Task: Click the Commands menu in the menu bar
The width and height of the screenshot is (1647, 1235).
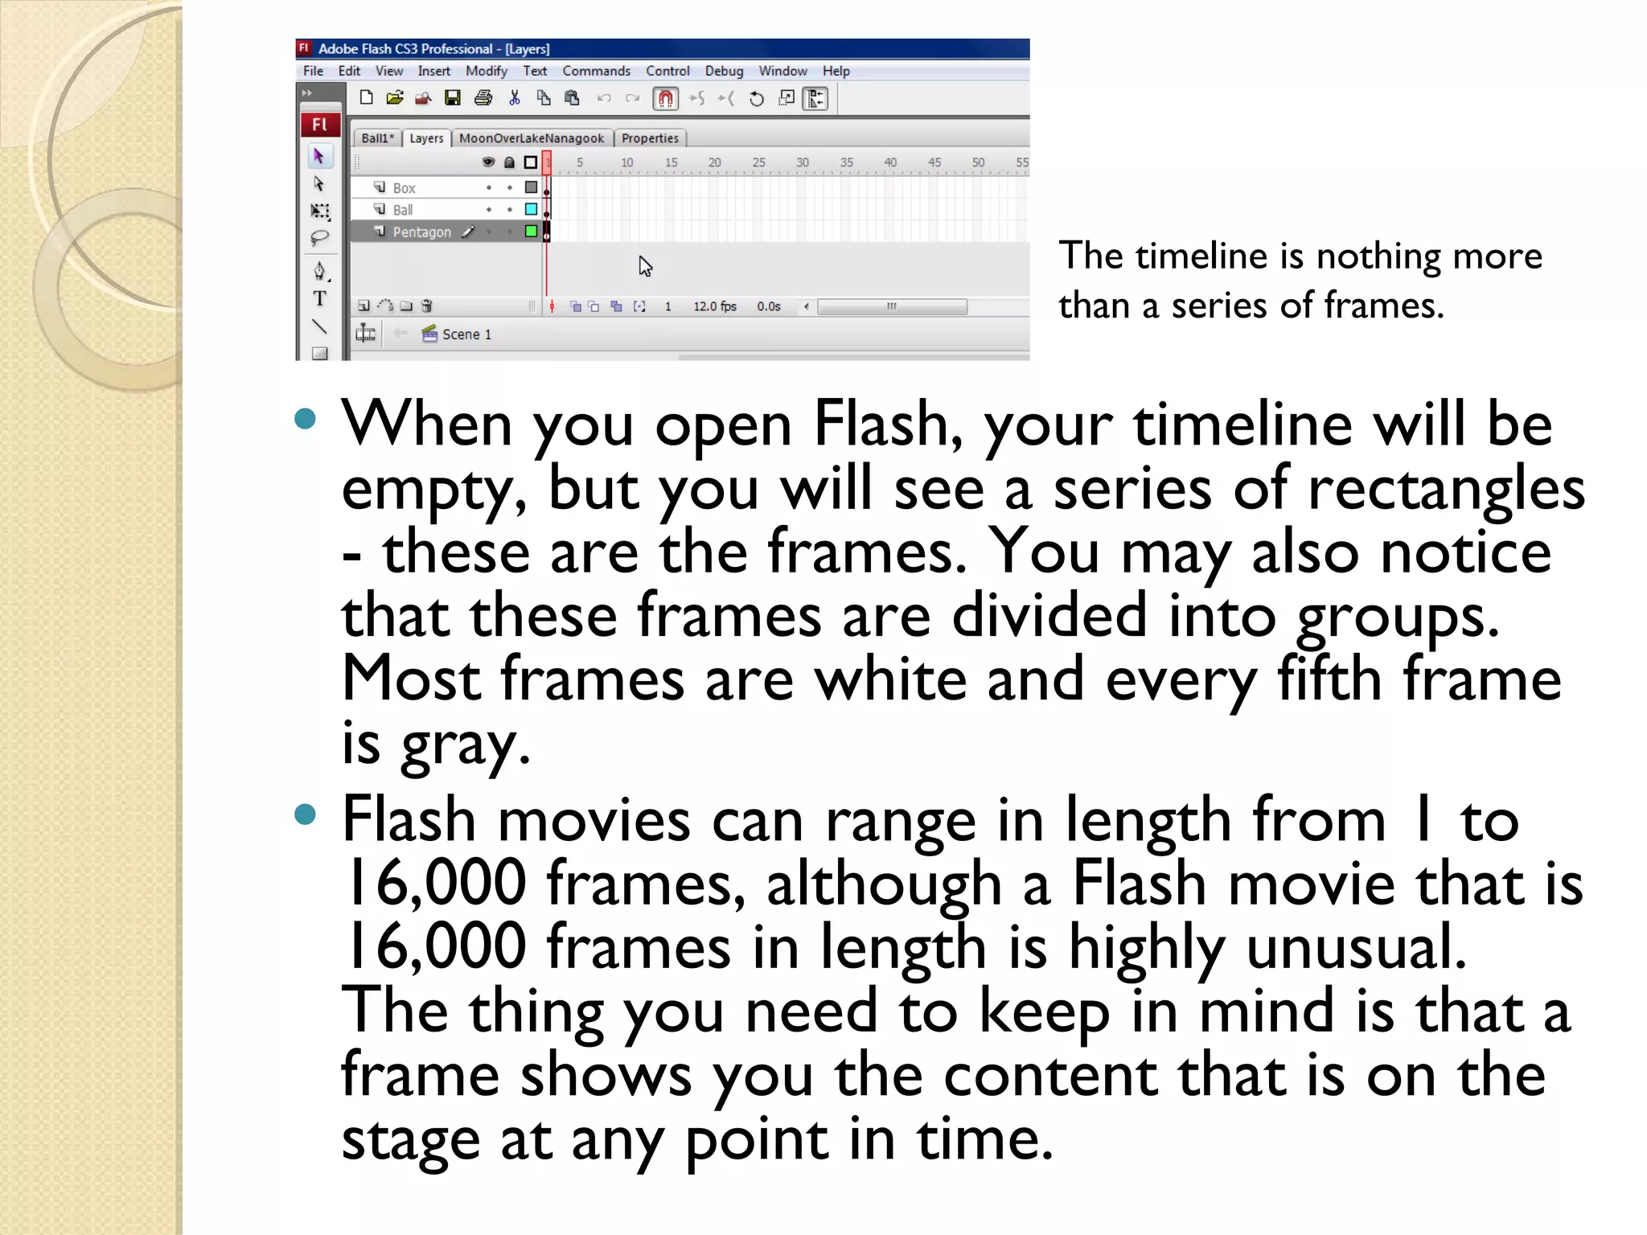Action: point(596,71)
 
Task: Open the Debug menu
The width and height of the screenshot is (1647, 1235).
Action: point(724,71)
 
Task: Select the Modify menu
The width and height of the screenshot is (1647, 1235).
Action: point(486,71)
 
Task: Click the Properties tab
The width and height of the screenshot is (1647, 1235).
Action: point(650,138)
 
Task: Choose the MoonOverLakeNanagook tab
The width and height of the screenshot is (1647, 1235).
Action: point(531,138)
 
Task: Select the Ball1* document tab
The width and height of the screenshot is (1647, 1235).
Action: point(377,138)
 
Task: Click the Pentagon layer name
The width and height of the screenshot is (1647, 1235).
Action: point(421,232)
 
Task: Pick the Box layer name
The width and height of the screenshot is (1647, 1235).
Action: point(404,188)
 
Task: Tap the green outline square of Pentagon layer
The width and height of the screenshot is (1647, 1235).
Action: point(531,232)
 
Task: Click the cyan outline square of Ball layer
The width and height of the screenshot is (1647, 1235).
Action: point(531,210)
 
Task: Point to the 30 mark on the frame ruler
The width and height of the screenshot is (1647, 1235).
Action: point(802,162)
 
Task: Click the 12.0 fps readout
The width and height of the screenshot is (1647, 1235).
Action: point(714,306)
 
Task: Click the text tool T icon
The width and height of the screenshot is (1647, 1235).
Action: point(319,299)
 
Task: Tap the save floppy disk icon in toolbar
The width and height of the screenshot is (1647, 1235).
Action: point(453,99)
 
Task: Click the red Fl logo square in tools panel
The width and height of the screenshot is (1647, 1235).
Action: point(320,125)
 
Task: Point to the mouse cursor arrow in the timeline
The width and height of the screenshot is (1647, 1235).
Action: point(645,265)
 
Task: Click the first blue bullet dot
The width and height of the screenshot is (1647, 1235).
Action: point(305,418)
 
